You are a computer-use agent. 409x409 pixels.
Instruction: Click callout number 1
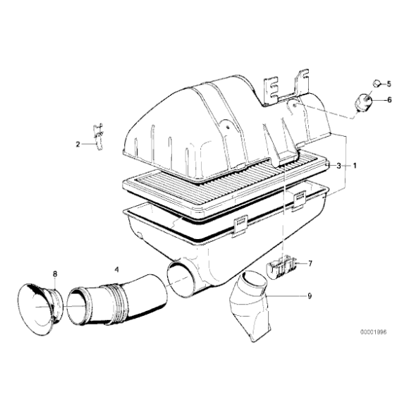tap(354, 166)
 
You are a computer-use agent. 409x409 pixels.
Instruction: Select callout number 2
tap(78, 144)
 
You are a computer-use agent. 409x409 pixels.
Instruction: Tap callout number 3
tap(338, 166)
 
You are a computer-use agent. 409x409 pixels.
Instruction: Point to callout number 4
tap(117, 269)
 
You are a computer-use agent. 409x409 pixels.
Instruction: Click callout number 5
tap(389, 84)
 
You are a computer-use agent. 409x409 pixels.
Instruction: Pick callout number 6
tap(389, 99)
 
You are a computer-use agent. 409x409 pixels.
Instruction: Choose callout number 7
tap(310, 264)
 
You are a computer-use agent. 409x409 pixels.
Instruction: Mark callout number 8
tap(55, 274)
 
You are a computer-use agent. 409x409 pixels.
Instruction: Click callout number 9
tap(310, 295)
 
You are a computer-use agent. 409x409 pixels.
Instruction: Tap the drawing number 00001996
tap(374, 332)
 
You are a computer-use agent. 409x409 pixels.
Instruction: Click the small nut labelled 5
tap(376, 84)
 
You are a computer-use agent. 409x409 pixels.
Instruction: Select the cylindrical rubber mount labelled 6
tap(363, 102)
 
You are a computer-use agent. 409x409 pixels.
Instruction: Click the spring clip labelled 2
tap(98, 137)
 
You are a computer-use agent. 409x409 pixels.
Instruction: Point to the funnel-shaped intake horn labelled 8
tap(40, 309)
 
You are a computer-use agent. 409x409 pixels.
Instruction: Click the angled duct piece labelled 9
tap(250, 306)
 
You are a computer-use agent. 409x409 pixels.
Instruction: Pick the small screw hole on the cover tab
tap(228, 128)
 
